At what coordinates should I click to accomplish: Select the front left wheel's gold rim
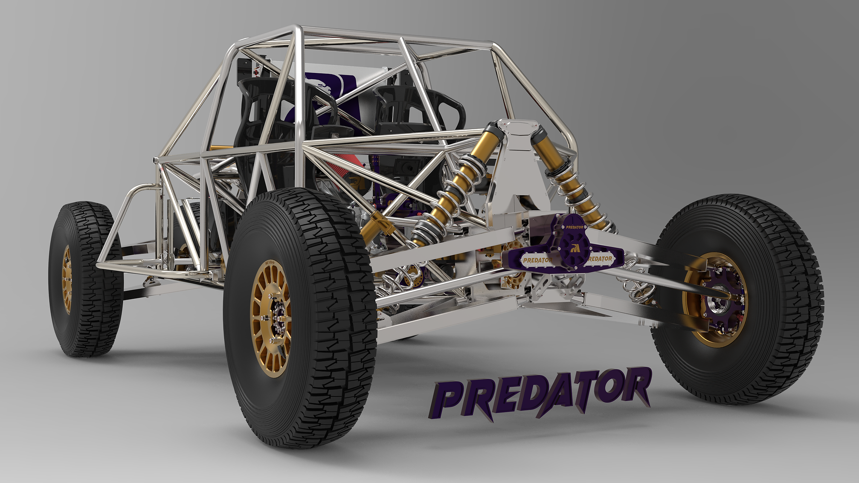pyautogui.click(x=67, y=279)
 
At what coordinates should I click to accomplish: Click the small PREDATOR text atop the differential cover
pyautogui.click(x=575, y=227)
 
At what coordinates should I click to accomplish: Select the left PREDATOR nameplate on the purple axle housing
pyautogui.click(x=537, y=260)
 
